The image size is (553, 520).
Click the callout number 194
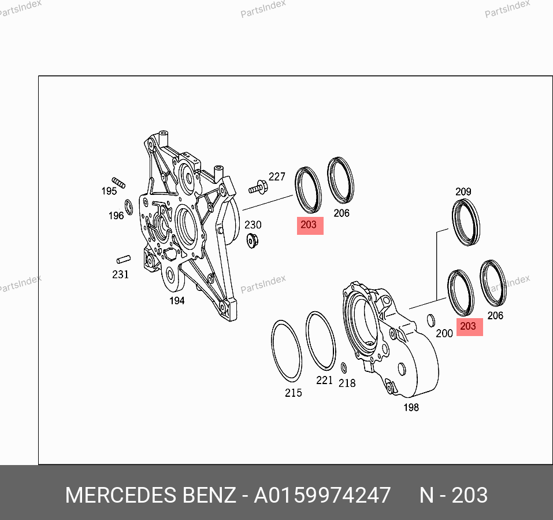(177, 301)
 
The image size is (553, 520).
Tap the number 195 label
(109, 191)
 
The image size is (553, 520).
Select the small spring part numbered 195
(118, 183)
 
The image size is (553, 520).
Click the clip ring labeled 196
(129, 207)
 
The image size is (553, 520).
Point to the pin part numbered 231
(124, 260)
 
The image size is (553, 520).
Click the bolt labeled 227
(258, 187)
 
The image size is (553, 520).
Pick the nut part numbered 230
(252, 241)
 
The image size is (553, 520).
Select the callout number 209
(463, 191)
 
